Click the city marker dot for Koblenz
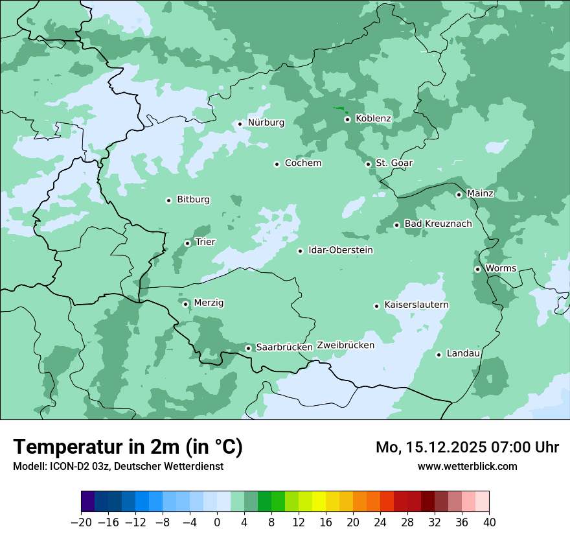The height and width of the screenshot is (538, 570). [x=348, y=119]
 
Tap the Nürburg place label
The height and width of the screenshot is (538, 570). [x=266, y=123]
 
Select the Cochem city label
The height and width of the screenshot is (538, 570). [x=302, y=163]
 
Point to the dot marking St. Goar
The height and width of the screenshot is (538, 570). [x=369, y=164]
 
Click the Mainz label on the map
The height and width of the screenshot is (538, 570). [x=480, y=194]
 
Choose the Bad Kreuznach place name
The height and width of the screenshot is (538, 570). [x=438, y=224]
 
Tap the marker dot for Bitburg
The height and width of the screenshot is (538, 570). [x=169, y=200]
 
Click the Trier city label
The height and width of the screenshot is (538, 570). [x=205, y=242]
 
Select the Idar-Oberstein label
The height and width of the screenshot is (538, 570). [x=340, y=250]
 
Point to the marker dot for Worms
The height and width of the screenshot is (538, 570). [x=478, y=269]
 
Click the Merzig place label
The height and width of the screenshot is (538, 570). [x=209, y=303]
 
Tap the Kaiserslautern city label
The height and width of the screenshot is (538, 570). [x=416, y=305]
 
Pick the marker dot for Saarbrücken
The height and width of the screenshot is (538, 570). [x=249, y=348]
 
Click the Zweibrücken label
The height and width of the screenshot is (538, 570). [x=345, y=345]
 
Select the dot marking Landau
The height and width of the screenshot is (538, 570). [x=439, y=355]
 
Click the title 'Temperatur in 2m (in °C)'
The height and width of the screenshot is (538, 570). [x=128, y=447]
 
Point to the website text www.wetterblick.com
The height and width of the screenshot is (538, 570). [x=467, y=467]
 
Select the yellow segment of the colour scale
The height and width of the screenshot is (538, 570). [x=318, y=502]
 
